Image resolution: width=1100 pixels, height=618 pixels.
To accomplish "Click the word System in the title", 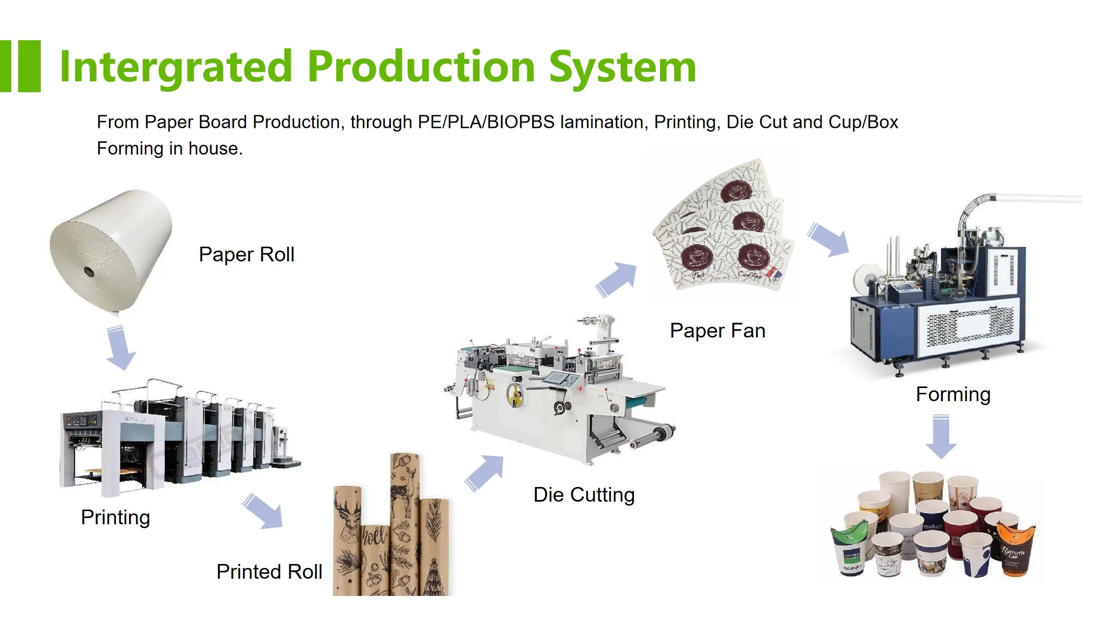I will [622, 67].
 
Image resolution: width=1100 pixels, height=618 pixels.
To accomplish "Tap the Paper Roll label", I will [247, 255].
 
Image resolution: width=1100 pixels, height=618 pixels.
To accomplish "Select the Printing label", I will [115, 517].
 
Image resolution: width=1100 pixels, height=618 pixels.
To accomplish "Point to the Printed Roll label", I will [269, 572].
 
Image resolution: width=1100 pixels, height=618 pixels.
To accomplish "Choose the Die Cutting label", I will [584, 495].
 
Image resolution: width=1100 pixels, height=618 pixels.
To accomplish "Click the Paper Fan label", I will [717, 331].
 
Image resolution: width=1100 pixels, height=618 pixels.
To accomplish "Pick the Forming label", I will [953, 394].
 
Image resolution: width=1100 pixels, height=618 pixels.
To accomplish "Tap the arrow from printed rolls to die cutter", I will [485, 472].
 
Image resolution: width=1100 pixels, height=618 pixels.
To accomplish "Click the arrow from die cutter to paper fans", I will [617, 279].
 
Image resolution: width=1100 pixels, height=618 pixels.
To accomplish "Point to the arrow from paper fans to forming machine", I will [829, 239].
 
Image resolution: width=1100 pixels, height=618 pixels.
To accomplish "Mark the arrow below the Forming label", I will [940, 436].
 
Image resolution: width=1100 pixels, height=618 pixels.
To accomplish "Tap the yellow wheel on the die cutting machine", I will [515, 394].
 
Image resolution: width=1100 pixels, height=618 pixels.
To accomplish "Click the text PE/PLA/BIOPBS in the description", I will [486, 122].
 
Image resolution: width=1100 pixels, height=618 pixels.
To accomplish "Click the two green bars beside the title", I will [21, 66].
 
